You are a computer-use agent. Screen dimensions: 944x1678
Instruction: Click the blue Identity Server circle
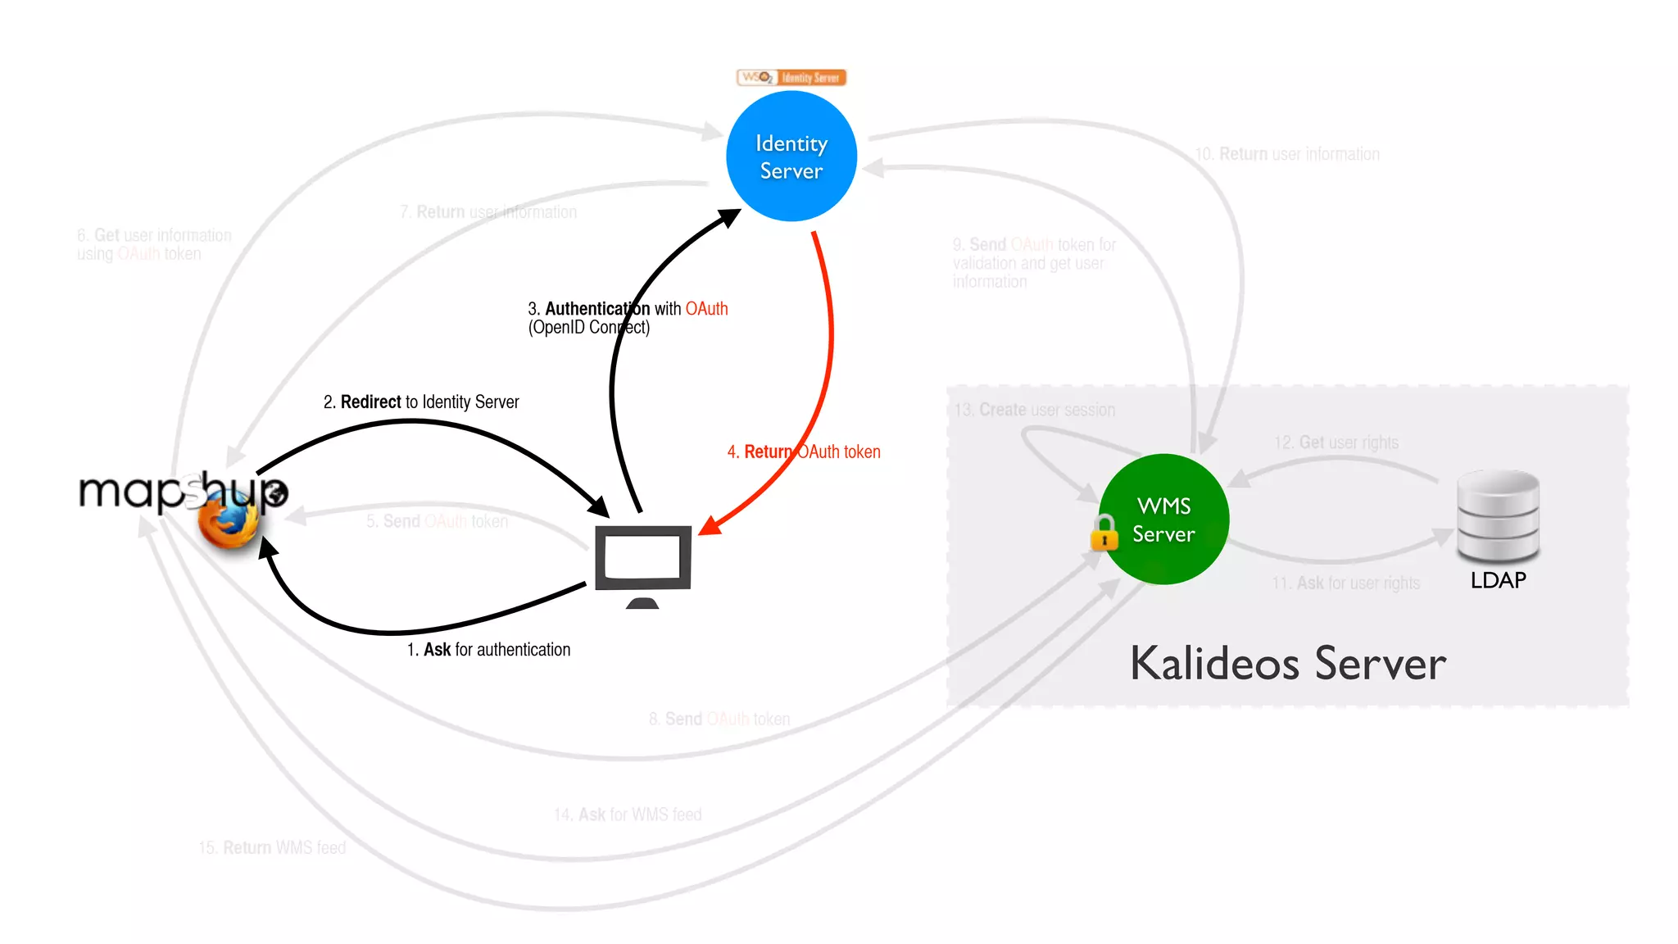tap(791, 156)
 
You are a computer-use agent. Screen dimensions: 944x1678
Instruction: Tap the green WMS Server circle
tap(1163, 519)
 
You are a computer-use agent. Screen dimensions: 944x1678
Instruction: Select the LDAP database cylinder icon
tap(1498, 516)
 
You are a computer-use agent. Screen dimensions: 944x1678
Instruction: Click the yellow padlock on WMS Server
tap(1104, 533)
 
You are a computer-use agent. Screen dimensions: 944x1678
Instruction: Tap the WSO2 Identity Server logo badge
tap(791, 78)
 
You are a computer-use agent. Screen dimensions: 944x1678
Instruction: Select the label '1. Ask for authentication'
tap(488, 650)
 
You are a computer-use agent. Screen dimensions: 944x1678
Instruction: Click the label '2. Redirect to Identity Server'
tap(421, 402)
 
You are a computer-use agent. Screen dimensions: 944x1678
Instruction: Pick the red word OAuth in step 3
tap(706, 309)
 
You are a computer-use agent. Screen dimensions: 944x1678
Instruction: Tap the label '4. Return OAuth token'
tap(804, 452)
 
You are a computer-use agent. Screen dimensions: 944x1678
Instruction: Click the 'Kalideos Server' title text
tap(1288, 664)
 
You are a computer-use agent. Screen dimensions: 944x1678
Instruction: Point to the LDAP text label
tap(1498, 580)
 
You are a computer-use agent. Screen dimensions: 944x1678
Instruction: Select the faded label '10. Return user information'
tap(1287, 154)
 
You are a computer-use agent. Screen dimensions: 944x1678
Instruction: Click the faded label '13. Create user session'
tap(1035, 410)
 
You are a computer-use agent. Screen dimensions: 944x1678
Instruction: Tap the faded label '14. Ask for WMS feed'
tap(628, 815)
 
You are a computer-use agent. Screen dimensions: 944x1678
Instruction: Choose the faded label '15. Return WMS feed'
tap(272, 847)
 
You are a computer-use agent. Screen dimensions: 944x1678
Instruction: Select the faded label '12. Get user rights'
tap(1336, 442)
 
